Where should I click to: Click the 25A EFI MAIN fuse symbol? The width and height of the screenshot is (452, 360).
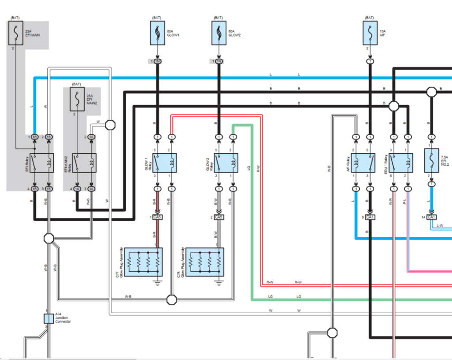pyautogui.click(x=16, y=33)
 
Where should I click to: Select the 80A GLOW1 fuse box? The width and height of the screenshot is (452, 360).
pyautogui.click(x=157, y=33)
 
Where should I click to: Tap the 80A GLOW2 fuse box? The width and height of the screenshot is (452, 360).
pyautogui.click(x=218, y=33)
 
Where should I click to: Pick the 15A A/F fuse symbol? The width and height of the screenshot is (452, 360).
pyautogui.click(x=370, y=33)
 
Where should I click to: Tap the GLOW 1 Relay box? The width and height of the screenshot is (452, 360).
pyautogui.click(x=165, y=163)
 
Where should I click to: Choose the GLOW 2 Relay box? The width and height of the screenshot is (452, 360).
pyautogui.click(x=226, y=163)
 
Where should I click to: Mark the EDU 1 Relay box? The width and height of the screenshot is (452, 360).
pyautogui.click(x=400, y=163)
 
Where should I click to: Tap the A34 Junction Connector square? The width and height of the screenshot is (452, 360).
pyautogui.click(x=49, y=318)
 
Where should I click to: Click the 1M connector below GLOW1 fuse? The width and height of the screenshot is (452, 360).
pyautogui.click(x=157, y=61)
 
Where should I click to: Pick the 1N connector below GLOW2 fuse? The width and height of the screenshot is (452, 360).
pyautogui.click(x=218, y=61)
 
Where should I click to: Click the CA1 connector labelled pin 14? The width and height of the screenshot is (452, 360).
pyautogui.click(x=431, y=217)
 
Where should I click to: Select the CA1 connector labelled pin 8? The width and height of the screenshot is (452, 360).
pyautogui.click(x=370, y=217)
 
